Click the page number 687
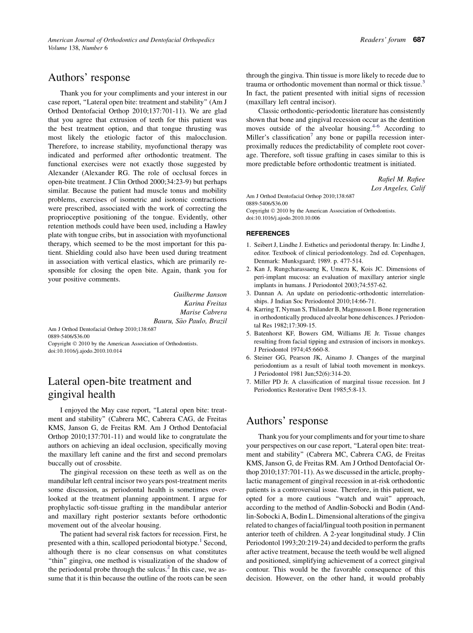coord(419,40)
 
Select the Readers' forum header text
coord(382,40)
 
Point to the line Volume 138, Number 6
coord(77,48)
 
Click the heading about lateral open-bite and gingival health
coord(119,388)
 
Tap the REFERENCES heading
coord(267,233)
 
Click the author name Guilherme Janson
coord(200,295)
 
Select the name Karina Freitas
coord(205,303)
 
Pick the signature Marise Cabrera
coord(203,312)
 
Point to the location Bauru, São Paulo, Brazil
coord(190,321)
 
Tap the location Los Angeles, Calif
coord(398,188)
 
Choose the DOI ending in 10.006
coord(283,217)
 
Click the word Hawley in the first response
coord(215,226)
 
